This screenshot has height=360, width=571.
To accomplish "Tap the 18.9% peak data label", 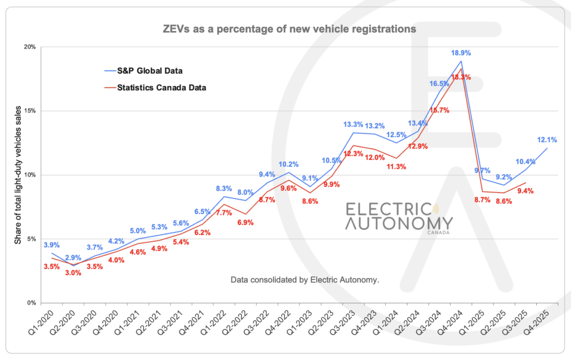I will click(461, 53).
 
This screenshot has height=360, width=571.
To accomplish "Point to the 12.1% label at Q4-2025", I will click(547, 139).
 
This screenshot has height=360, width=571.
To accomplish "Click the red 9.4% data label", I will click(525, 191).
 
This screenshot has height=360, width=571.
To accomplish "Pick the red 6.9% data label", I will click(245, 222).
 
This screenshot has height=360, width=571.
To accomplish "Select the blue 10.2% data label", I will click(288, 164).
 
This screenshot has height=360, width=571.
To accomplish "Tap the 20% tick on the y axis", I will click(30, 47).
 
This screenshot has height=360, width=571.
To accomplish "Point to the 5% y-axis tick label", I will click(31, 239).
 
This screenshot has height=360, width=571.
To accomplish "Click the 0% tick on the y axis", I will click(31, 303).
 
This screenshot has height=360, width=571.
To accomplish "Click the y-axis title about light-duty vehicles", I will click(17, 176).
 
